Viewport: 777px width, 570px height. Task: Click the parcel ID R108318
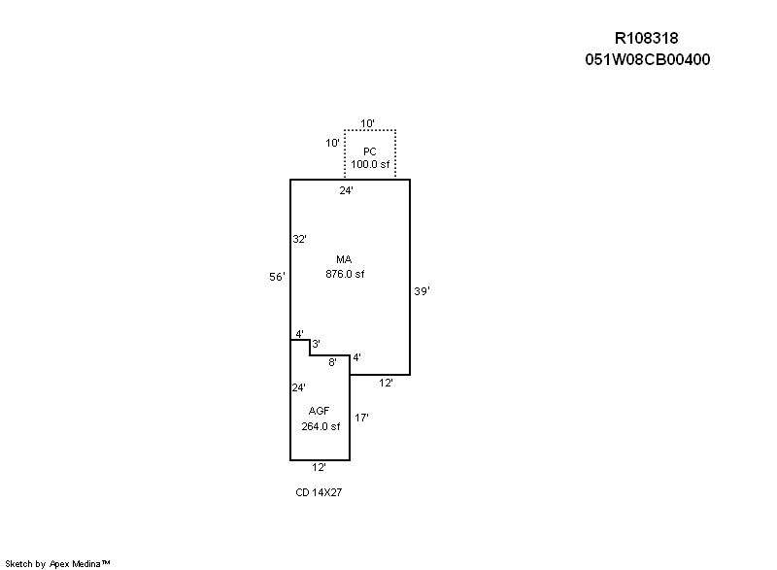click(x=646, y=38)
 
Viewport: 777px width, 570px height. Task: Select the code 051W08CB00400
click(x=646, y=59)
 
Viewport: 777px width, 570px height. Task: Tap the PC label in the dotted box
click(x=369, y=151)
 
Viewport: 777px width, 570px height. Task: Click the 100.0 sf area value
click(x=369, y=164)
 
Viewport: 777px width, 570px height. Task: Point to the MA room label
click(x=344, y=260)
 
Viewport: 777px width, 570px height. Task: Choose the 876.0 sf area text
click(x=344, y=274)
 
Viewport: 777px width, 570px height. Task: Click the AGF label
click(x=320, y=412)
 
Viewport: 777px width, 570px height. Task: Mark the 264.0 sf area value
click(x=320, y=425)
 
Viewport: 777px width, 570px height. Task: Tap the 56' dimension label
click(x=277, y=277)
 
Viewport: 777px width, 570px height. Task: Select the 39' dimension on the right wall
click(x=421, y=290)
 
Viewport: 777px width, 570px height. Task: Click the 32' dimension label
click(x=299, y=239)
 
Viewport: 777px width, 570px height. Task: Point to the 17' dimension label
click(x=361, y=418)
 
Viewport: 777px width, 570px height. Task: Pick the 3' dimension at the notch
click(x=316, y=344)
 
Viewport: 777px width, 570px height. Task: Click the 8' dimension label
click(x=332, y=362)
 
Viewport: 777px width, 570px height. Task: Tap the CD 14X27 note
click(x=319, y=492)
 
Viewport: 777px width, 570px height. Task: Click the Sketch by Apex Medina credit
click(x=58, y=562)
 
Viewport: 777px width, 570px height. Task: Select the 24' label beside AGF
click(x=298, y=387)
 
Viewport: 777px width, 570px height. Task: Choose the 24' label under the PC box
click(x=346, y=190)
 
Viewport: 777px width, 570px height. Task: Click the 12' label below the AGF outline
click(x=319, y=467)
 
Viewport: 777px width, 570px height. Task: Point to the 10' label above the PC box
click(x=368, y=123)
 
